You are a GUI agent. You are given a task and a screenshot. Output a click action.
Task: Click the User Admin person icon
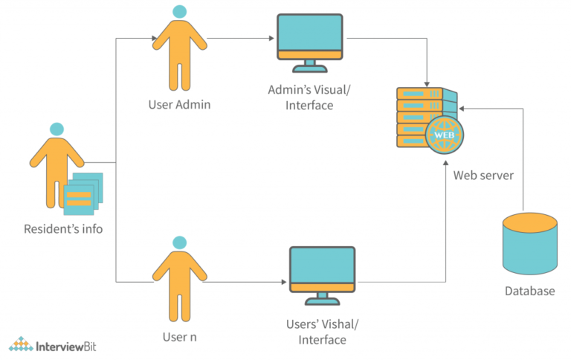tap(178, 48)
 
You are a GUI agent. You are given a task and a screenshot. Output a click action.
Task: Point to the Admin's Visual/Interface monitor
tap(310, 37)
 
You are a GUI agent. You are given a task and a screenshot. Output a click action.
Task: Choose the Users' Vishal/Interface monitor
tap(322, 270)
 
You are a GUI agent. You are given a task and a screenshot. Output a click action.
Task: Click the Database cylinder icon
tap(529, 242)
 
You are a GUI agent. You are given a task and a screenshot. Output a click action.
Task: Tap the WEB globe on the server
tap(445, 136)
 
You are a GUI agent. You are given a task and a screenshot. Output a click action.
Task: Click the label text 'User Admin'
tap(178, 104)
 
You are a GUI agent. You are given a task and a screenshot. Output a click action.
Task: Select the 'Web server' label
tap(483, 176)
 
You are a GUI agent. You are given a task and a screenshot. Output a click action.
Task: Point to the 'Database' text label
tap(529, 291)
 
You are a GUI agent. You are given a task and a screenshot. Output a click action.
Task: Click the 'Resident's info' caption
tap(63, 228)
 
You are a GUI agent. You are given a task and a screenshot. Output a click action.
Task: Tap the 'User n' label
tap(180, 337)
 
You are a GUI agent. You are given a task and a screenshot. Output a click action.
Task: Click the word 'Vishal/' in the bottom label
tap(342, 324)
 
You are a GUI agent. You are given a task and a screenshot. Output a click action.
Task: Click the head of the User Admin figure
tap(178, 11)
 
